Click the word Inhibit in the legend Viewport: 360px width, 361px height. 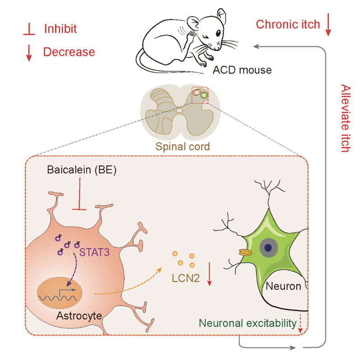[x=60, y=29]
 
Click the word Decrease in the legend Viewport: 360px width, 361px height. [x=69, y=52]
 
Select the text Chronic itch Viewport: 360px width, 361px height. [x=288, y=24]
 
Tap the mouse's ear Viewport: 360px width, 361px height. [x=194, y=23]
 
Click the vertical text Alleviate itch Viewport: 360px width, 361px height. [x=346, y=119]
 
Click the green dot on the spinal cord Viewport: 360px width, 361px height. [x=204, y=95]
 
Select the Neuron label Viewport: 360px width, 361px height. [x=283, y=286]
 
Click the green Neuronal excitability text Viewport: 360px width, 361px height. [x=247, y=323]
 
